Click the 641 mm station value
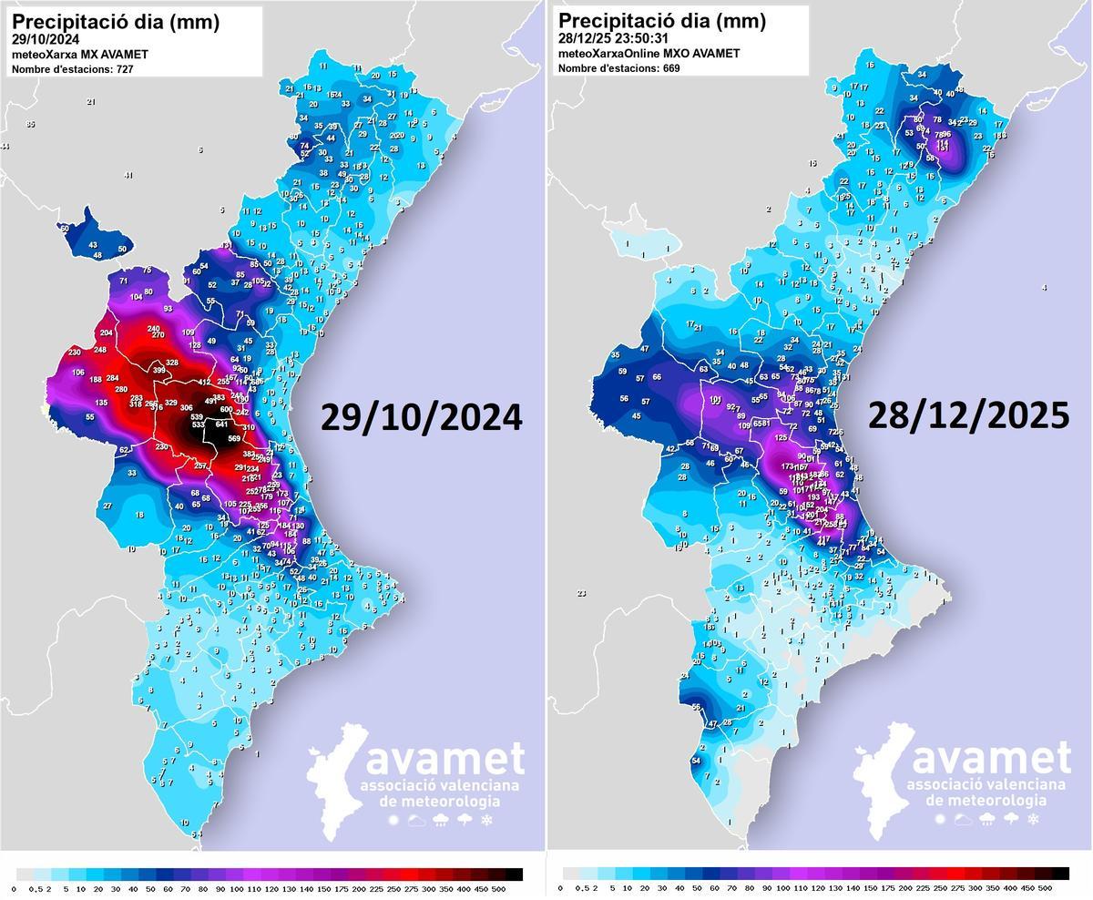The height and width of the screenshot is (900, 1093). (x=221, y=424)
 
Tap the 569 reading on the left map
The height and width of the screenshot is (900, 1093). (x=234, y=439)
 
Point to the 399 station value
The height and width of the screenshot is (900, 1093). (x=159, y=370)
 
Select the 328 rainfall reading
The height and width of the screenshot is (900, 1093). (x=171, y=363)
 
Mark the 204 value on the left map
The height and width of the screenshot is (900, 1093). (x=106, y=333)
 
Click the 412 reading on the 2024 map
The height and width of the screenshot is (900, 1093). (x=205, y=383)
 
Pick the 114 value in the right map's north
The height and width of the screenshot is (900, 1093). (x=943, y=143)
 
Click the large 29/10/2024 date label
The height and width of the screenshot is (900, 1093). (x=421, y=417)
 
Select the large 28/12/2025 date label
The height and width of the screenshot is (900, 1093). (x=967, y=415)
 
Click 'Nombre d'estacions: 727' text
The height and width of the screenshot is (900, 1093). (x=72, y=69)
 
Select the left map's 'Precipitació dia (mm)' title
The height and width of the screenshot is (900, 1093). (x=115, y=21)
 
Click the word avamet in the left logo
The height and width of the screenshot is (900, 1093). (x=444, y=758)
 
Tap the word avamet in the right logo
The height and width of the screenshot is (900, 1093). (x=991, y=758)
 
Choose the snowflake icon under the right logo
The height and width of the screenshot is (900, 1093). (x=1033, y=820)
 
